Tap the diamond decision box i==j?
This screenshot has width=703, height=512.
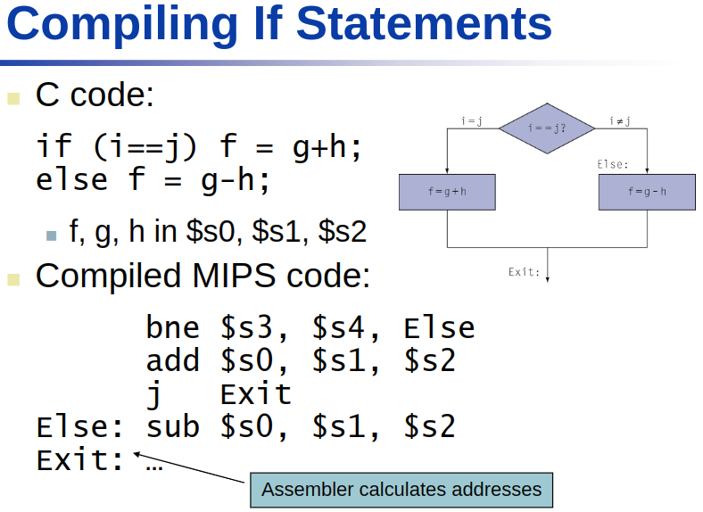(x=547, y=128)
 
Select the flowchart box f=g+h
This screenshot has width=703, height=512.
(x=446, y=192)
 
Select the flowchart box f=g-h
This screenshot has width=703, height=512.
(x=647, y=192)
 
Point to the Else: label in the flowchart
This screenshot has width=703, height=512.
(x=613, y=164)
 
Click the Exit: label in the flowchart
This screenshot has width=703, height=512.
(x=525, y=271)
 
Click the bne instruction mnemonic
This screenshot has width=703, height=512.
(x=173, y=328)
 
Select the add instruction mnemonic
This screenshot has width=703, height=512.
(x=173, y=361)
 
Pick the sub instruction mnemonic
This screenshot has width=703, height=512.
(x=173, y=426)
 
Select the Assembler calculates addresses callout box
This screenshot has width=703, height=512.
(x=401, y=490)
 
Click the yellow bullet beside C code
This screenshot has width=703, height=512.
(x=13, y=97)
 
